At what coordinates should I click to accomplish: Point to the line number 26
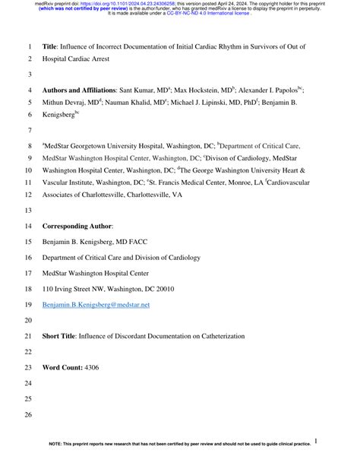click(29, 415)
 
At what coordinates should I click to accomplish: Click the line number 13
click(29, 210)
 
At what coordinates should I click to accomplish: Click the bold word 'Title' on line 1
click(51, 46)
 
